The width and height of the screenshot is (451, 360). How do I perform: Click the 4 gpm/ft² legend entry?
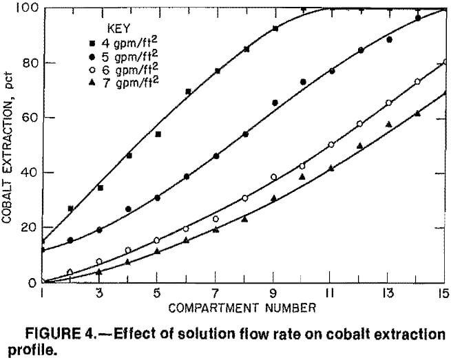pos(124,44)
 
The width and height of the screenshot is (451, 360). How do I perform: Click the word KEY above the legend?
pos(118,30)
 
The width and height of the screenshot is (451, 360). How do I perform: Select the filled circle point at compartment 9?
pos(275,103)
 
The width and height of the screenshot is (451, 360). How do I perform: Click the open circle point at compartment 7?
pos(216,219)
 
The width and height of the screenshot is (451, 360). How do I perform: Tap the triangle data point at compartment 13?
pos(389,124)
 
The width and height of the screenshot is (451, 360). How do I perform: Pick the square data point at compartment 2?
pos(70,208)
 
